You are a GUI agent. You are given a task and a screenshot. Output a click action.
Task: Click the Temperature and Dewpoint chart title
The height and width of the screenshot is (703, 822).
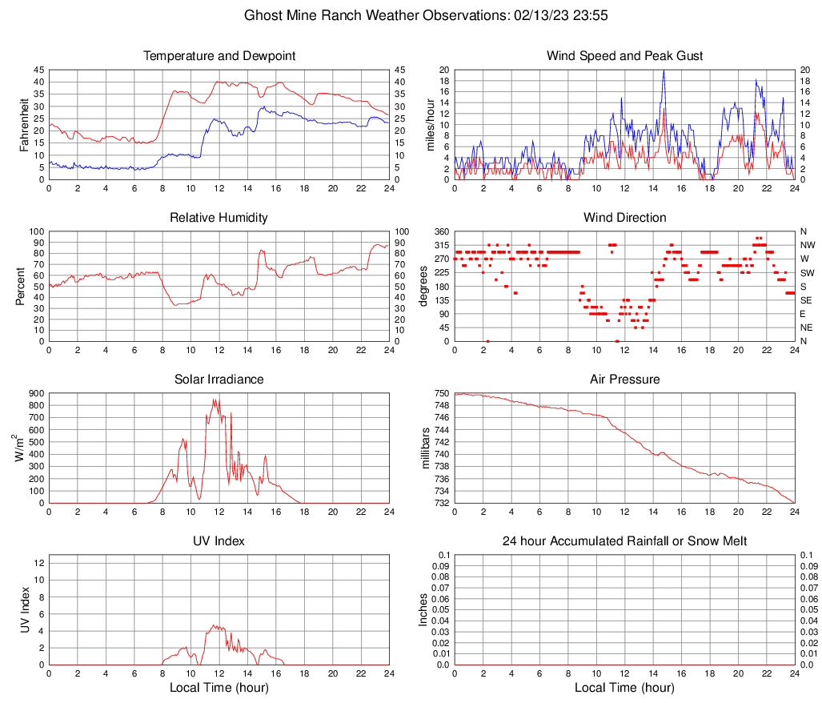pos(219,56)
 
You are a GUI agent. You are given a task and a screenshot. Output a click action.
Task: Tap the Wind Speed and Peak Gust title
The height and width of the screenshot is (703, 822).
pos(624,56)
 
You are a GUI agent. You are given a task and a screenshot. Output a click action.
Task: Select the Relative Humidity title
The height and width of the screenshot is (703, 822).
pos(219,218)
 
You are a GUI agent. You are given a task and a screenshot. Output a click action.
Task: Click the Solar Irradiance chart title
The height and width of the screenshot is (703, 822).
pos(219,380)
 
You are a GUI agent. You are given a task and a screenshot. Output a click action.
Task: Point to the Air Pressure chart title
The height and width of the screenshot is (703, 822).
pos(624,380)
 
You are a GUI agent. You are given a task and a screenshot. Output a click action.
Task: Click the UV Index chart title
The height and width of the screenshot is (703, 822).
pos(219,541)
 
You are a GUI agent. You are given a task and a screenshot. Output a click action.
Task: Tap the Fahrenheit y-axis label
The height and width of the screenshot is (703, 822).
pos(21,124)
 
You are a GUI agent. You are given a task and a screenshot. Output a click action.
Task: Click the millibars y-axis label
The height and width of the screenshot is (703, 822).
pos(426,448)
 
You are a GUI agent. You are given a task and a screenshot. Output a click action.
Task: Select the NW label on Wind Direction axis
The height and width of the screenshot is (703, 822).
pos(807,245)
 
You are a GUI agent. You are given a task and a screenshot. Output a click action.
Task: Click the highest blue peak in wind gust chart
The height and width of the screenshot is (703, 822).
pos(664,70)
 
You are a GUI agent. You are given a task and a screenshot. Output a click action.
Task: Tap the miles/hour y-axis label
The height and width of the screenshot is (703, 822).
pos(430,124)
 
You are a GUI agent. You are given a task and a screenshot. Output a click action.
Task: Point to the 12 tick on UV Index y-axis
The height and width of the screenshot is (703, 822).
pos(38,563)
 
